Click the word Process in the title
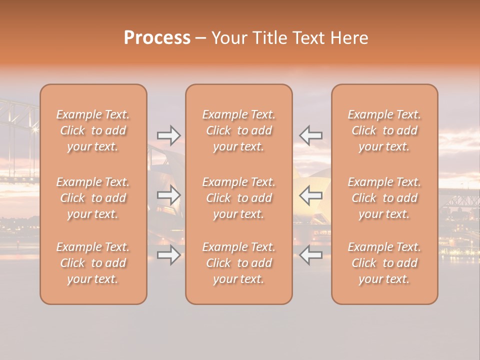click(x=157, y=38)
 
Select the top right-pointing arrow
click(x=169, y=135)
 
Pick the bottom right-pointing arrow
click(x=169, y=255)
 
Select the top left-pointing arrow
click(x=311, y=135)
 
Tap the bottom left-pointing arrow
click(x=311, y=255)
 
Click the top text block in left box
click(x=93, y=130)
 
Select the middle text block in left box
click(x=93, y=198)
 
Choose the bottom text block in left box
click(x=93, y=263)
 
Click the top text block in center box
click(x=239, y=130)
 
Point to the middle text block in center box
click(x=239, y=198)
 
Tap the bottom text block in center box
click(x=239, y=263)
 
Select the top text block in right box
click(x=384, y=130)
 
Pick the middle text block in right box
click(x=384, y=198)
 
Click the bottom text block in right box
click(x=384, y=263)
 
